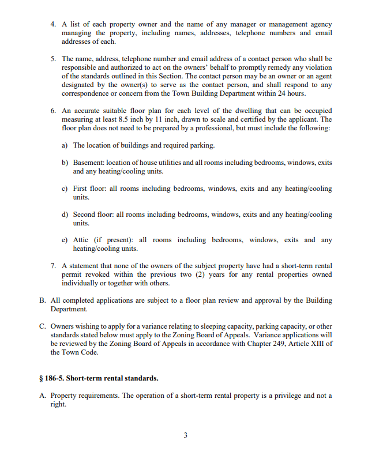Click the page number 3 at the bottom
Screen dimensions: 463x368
185,435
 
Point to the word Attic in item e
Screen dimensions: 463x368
82,240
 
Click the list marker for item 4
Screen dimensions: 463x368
53,24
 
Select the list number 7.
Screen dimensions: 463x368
53,266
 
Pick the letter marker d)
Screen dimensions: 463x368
65,214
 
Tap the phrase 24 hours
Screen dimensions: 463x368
290,93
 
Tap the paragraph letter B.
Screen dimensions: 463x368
42,300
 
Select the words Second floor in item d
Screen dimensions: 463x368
93,214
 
